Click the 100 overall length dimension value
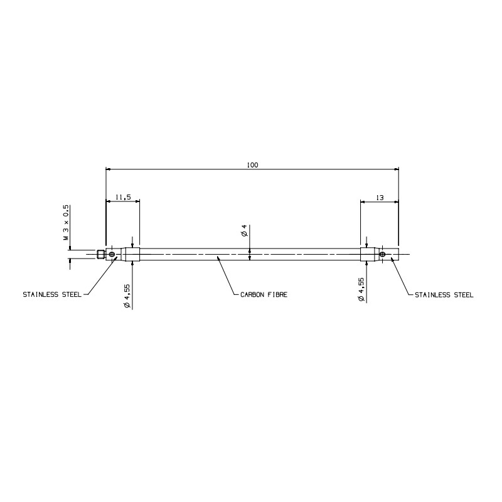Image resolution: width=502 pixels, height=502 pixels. point(252,165)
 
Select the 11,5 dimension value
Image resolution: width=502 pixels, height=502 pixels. point(123,198)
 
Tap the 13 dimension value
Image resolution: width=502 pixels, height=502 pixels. point(380,198)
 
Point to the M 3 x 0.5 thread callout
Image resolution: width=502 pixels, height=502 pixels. point(66,223)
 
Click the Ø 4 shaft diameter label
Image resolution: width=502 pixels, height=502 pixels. point(244,230)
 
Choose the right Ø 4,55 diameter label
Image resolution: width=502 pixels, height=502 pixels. point(361,289)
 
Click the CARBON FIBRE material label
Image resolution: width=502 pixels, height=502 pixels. point(264,295)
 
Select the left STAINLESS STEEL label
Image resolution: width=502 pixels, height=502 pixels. point(52,294)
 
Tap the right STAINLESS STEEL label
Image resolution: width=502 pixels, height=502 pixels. point(444,295)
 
